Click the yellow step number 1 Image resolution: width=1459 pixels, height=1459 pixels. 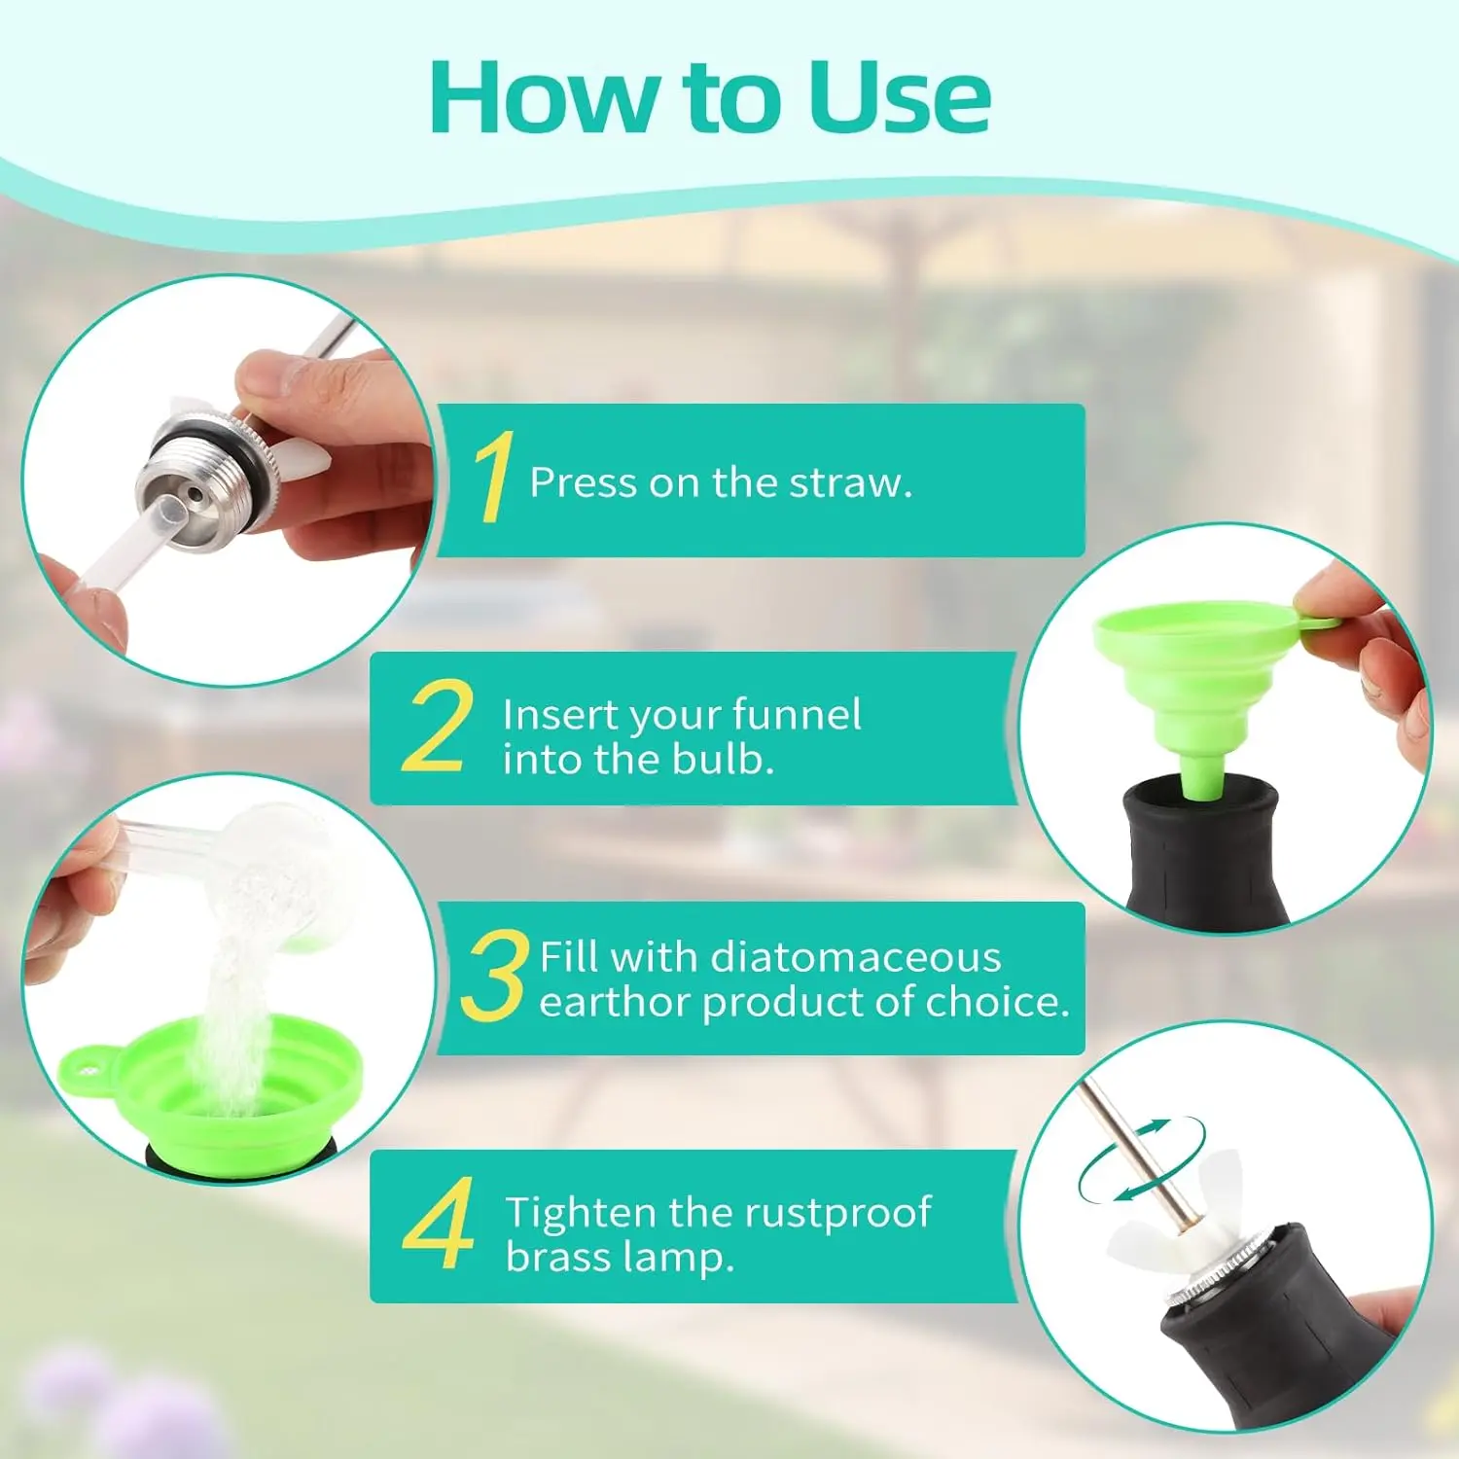pos(494,477)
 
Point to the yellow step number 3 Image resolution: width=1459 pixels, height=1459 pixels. pos(494,976)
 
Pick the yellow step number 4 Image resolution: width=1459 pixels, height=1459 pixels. pos(439,1224)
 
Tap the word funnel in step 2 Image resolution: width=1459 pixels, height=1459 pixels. pos(797,714)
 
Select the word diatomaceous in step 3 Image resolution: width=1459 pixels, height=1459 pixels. pos(856,957)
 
